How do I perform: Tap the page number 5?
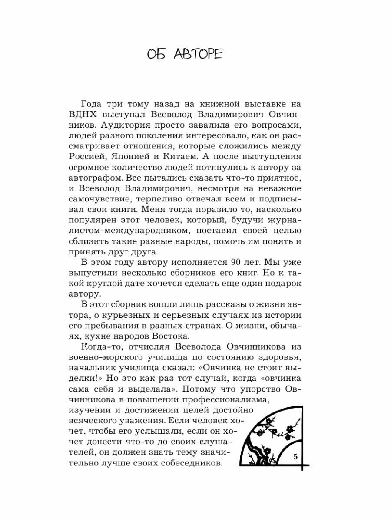[x=296, y=456]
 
